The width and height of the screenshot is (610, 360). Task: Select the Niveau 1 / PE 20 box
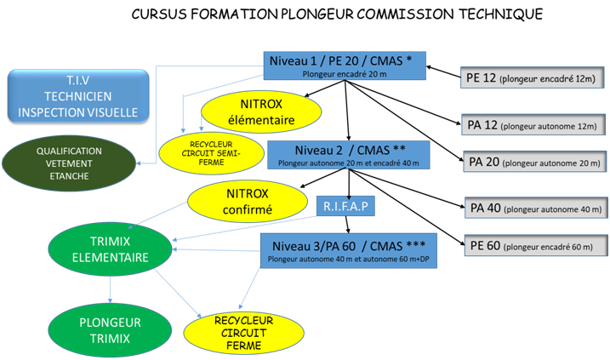(345, 66)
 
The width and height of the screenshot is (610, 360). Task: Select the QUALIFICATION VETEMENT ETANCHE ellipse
(68, 160)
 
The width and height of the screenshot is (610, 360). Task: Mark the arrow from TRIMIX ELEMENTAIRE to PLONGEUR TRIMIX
(111, 292)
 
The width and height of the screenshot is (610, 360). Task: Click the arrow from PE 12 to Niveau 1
(442, 72)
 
